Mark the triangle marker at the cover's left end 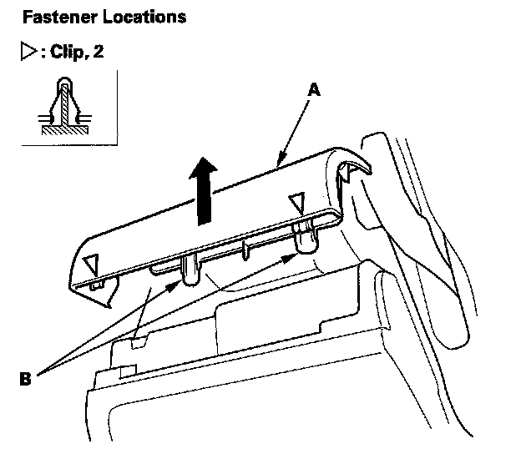[93, 265]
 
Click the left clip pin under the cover [189, 270]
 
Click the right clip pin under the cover [306, 239]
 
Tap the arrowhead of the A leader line [279, 158]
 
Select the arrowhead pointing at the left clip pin [175, 286]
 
